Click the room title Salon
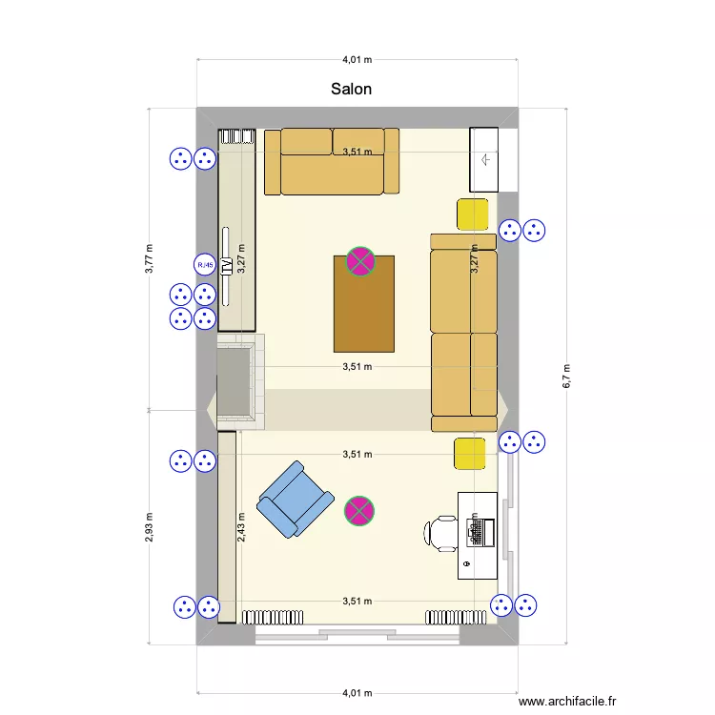click(x=351, y=89)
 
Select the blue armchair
click(x=295, y=500)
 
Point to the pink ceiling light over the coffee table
click(x=359, y=261)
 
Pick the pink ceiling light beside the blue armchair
click(x=358, y=511)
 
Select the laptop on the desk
click(x=478, y=531)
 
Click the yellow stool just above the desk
click(x=470, y=454)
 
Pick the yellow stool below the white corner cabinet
click(x=474, y=214)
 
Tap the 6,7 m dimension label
click(x=566, y=376)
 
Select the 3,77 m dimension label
click(x=149, y=258)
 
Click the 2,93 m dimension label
click(x=149, y=526)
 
